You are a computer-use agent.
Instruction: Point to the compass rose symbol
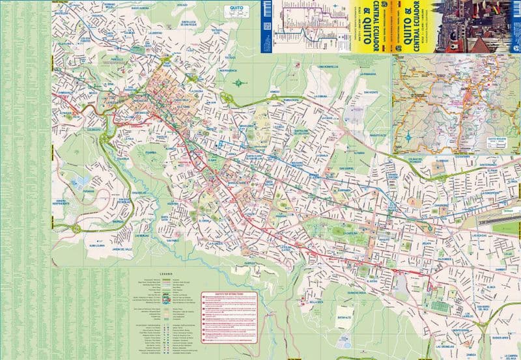coord(238,83)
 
